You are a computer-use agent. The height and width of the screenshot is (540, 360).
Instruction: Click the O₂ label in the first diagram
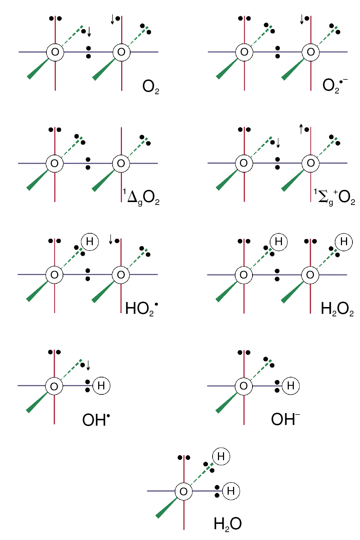pos(151,87)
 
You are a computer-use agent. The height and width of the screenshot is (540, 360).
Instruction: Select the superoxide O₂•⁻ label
pos(335,86)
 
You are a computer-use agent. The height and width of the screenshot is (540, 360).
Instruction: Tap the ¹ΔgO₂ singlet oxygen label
pos(141,197)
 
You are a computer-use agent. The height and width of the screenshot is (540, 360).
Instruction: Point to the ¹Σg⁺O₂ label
pos(334,197)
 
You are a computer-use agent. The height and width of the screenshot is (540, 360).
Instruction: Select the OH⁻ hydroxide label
pos(285,419)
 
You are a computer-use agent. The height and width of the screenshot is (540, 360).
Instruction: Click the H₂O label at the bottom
pos(228,524)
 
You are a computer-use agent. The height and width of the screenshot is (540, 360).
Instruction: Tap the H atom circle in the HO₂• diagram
pos(90,242)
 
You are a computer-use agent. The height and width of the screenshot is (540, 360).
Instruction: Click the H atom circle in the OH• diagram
pos(101,386)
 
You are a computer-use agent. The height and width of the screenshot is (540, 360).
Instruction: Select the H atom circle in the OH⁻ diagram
pos(291,386)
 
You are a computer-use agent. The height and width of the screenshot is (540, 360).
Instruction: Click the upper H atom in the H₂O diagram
pos(221,456)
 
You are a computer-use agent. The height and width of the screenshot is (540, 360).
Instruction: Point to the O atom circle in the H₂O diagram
pos(184,491)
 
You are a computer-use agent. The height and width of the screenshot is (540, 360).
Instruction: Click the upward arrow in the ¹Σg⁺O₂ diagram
pos(301,129)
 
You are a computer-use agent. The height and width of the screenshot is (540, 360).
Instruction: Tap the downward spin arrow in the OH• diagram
pos(88,365)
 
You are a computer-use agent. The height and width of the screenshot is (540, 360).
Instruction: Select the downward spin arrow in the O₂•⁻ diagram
pos(302,19)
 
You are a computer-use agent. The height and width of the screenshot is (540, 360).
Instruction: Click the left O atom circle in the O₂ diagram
pos(55,52)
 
